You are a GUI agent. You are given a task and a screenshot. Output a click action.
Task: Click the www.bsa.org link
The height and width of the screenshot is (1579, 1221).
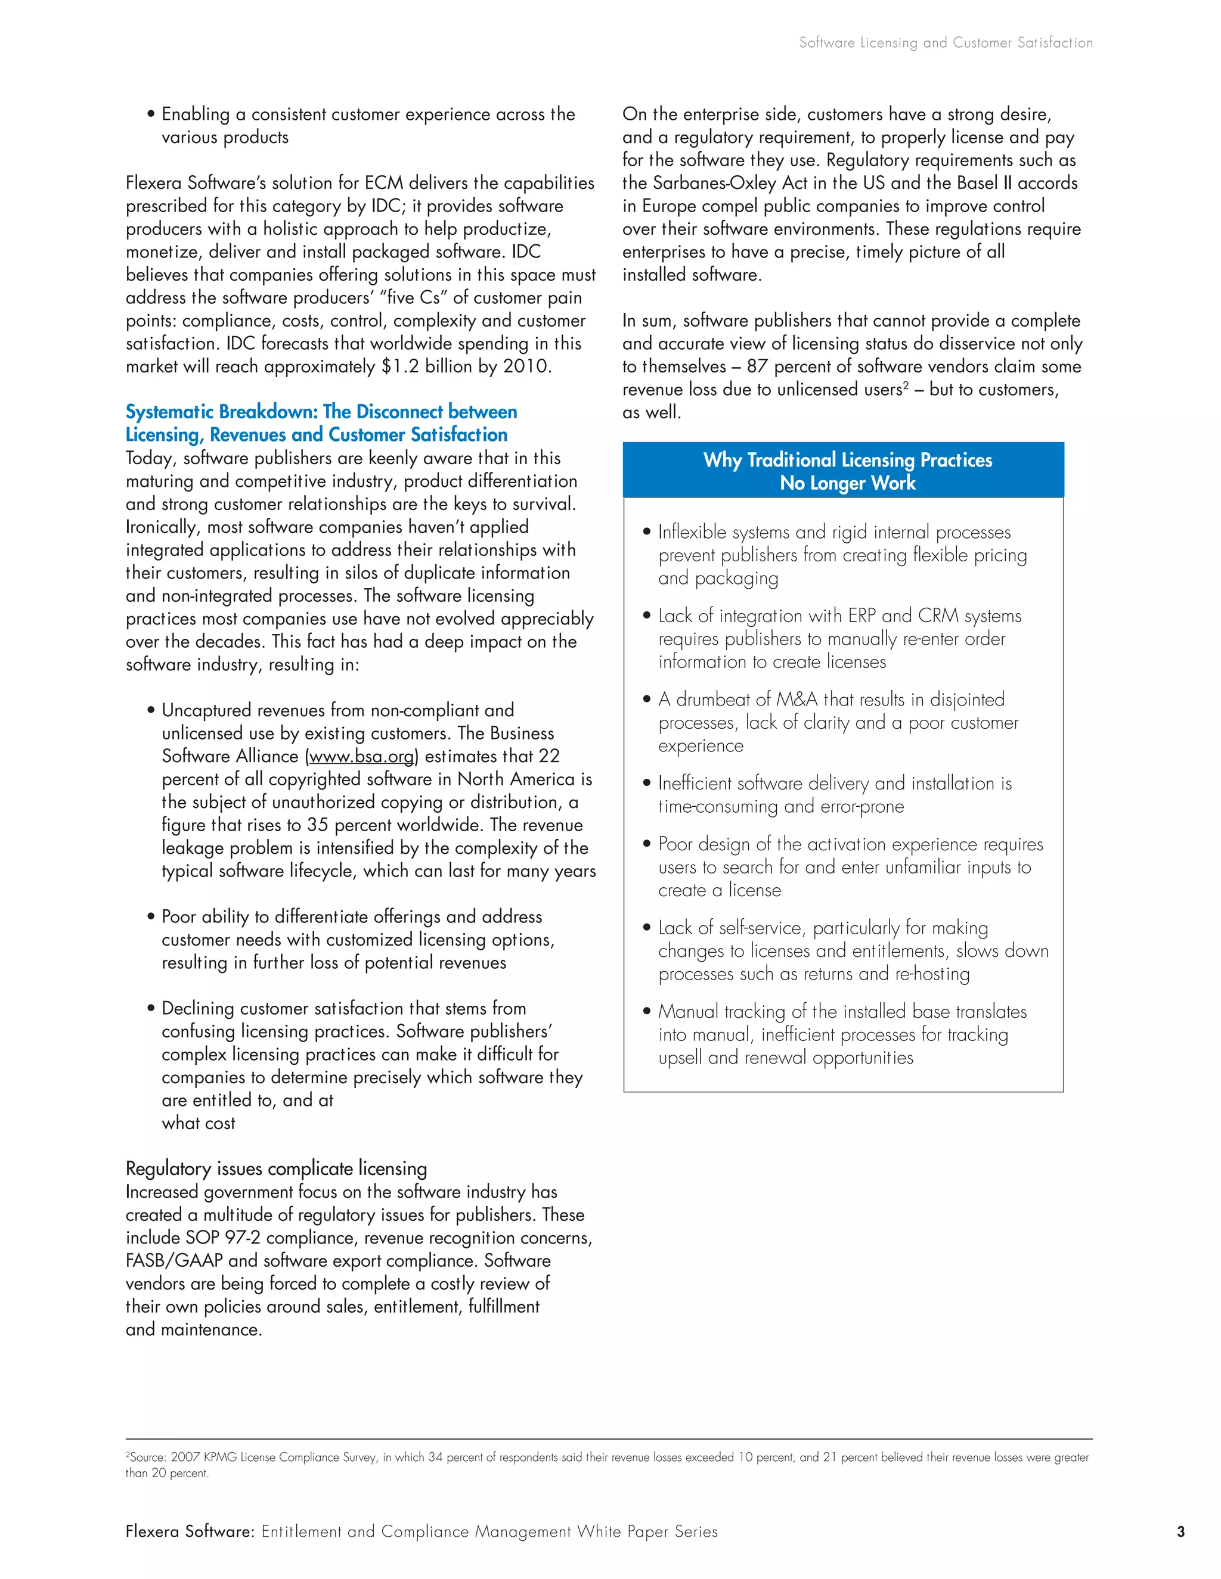(362, 756)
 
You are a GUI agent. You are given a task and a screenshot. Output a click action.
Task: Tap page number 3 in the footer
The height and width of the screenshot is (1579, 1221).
(1180, 1531)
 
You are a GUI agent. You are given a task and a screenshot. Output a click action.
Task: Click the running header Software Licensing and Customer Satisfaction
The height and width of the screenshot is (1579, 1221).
(946, 43)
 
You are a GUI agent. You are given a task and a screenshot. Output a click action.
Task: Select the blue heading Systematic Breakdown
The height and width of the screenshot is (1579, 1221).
(321, 412)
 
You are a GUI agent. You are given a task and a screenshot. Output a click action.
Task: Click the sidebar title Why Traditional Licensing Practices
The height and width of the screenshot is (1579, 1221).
(847, 460)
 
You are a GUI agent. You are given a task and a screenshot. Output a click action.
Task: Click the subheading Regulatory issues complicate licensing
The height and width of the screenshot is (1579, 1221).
(276, 1169)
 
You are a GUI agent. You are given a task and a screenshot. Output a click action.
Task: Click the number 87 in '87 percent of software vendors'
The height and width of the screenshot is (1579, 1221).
(757, 366)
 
